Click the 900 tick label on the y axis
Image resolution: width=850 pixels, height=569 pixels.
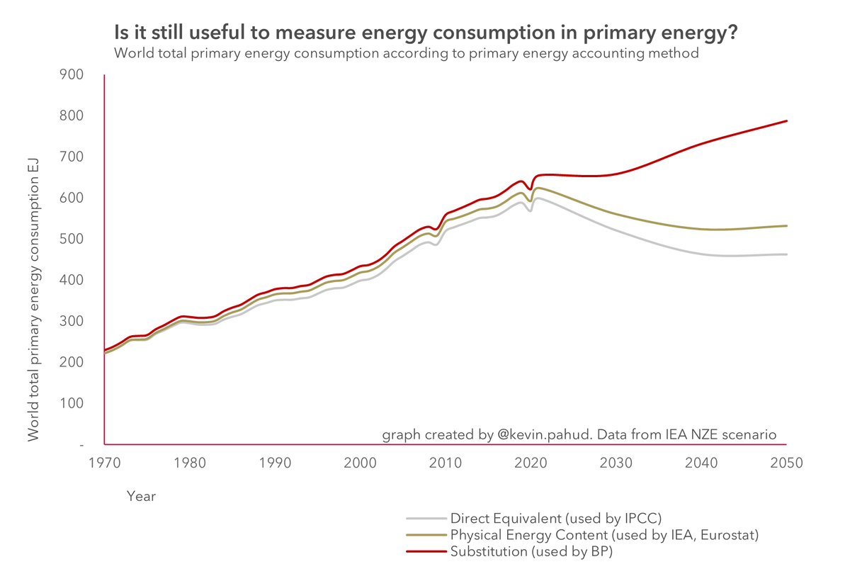(x=72, y=74)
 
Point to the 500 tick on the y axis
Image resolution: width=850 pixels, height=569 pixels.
(x=72, y=239)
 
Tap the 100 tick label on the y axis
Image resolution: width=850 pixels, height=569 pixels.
(x=72, y=403)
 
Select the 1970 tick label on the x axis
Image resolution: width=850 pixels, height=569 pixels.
(x=105, y=463)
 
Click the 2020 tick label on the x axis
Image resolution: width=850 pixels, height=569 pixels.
(x=531, y=463)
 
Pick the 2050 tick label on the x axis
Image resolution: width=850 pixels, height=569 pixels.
(x=786, y=463)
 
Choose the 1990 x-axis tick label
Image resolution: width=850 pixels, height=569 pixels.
(x=275, y=463)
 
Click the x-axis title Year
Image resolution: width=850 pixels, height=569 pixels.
(x=141, y=497)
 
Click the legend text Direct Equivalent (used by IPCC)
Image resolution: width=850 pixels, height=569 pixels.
(x=555, y=518)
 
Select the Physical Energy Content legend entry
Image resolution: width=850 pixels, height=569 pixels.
(x=604, y=535)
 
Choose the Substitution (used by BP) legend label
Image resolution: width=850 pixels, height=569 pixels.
(x=531, y=551)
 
